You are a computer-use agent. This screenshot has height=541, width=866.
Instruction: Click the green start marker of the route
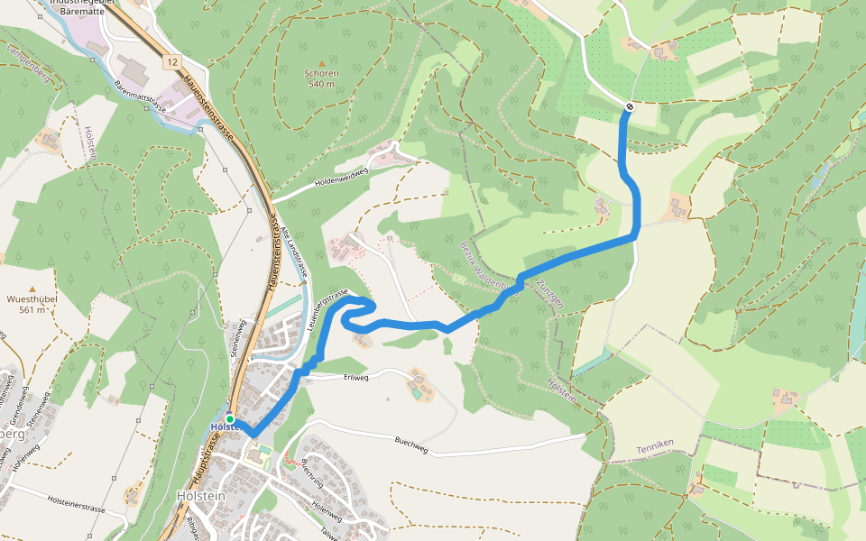[x=230, y=419]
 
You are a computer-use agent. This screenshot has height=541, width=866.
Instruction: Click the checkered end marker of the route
[x=629, y=107]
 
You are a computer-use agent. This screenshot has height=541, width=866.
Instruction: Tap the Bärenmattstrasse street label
[x=142, y=96]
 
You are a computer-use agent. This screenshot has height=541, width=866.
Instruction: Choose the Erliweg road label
[x=357, y=377]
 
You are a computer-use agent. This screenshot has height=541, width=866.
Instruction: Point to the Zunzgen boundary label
[x=549, y=293]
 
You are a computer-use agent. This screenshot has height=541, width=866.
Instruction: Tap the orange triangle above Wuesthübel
[x=32, y=289]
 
